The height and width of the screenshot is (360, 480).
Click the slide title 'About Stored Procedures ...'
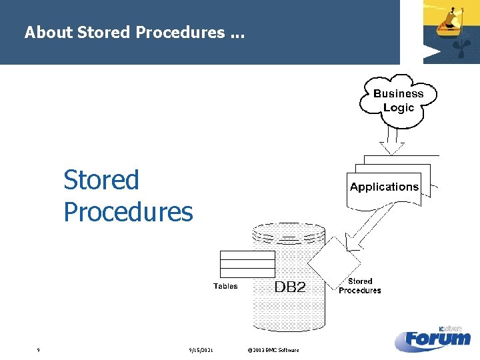[x=134, y=32]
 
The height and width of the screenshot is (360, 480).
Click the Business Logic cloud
[x=398, y=100]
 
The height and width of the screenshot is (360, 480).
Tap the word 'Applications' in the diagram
[x=384, y=187]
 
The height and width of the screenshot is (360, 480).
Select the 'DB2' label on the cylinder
[x=290, y=287]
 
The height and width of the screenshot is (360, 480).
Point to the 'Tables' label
[x=225, y=286]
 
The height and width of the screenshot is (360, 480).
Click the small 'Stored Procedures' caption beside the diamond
[x=359, y=286]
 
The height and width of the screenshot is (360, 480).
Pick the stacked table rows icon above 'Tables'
[x=247, y=264]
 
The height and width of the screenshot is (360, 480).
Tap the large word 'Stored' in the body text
[x=101, y=180]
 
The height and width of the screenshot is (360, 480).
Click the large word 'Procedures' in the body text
[x=128, y=212]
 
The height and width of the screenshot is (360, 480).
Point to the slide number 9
[x=39, y=350]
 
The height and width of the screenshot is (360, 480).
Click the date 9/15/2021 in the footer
[x=201, y=350]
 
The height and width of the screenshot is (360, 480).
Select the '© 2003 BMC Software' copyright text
[x=273, y=350]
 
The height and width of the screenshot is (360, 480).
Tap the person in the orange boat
[x=453, y=15]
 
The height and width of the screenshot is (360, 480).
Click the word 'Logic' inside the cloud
[x=398, y=107]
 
